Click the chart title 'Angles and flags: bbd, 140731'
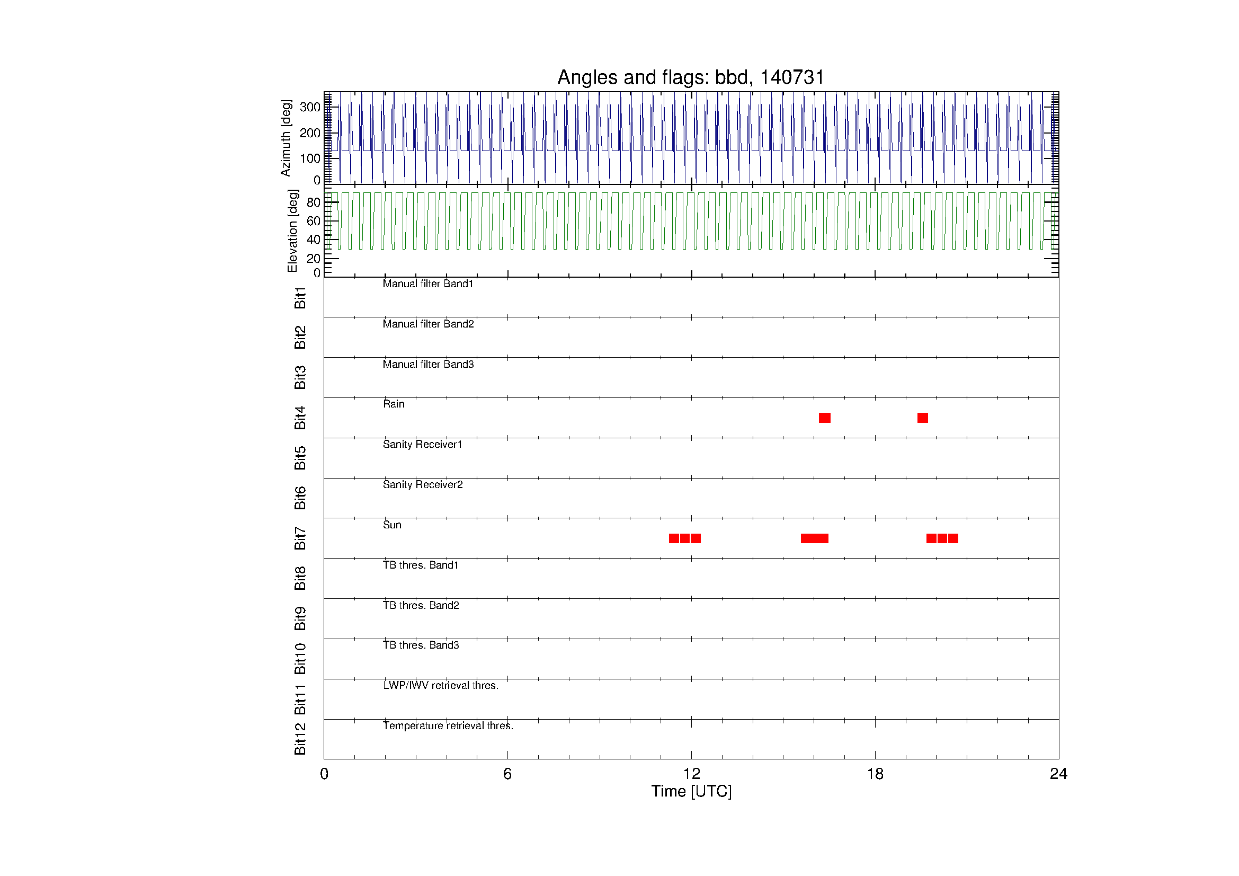click(x=691, y=78)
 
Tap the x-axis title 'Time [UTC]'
click(x=691, y=791)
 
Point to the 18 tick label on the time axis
click(x=875, y=774)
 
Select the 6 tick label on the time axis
click(x=507, y=774)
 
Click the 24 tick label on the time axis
click(x=1058, y=774)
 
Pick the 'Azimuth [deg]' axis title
click(x=286, y=138)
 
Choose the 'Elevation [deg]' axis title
click(x=292, y=231)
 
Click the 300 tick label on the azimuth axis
click(x=310, y=107)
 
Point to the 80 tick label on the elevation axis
click(x=314, y=202)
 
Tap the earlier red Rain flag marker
click(x=825, y=418)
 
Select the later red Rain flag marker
click(x=923, y=418)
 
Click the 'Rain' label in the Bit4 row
click(x=394, y=404)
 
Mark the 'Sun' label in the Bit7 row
click(x=392, y=525)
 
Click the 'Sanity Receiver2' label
click(x=423, y=484)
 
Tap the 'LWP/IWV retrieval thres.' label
click(x=440, y=685)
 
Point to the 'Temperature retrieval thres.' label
click(x=448, y=725)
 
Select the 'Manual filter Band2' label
click(x=428, y=324)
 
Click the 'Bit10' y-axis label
click(x=300, y=659)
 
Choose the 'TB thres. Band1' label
click(x=421, y=565)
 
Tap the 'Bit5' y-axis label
click(x=300, y=458)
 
